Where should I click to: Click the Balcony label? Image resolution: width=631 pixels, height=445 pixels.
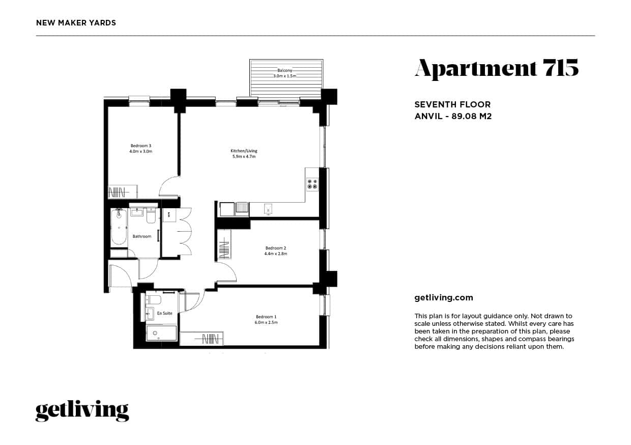click(x=284, y=70)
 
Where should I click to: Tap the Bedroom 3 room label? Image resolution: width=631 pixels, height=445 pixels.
click(x=141, y=146)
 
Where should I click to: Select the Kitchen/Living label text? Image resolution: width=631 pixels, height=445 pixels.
click(x=244, y=151)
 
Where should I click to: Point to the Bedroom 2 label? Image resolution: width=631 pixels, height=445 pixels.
click(x=276, y=248)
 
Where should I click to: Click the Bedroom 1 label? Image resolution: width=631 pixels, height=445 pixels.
click(x=266, y=317)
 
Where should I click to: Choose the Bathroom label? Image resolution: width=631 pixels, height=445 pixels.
click(x=142, y=236)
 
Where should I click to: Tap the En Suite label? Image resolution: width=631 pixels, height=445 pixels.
click(x=164, y=313)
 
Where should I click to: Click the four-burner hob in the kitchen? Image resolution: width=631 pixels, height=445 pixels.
click(x=312, y=184)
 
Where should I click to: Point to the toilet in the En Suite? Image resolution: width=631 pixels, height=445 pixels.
click(x=153, y=299)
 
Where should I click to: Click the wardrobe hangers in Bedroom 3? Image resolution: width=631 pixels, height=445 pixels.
click(x=118, y=192)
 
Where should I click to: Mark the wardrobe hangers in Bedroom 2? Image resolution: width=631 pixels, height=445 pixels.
click(x=224, y=249)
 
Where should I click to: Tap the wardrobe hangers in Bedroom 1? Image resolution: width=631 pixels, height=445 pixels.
click(x=210, y=338)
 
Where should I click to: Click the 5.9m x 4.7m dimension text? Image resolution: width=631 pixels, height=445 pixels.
click(x=244, y=157)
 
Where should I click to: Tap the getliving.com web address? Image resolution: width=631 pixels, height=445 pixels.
click(x=444, y=298)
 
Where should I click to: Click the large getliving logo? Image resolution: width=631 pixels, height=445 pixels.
click(x=82, y=411)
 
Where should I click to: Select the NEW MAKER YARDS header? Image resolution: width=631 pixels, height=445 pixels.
click(x=76, y=23)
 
